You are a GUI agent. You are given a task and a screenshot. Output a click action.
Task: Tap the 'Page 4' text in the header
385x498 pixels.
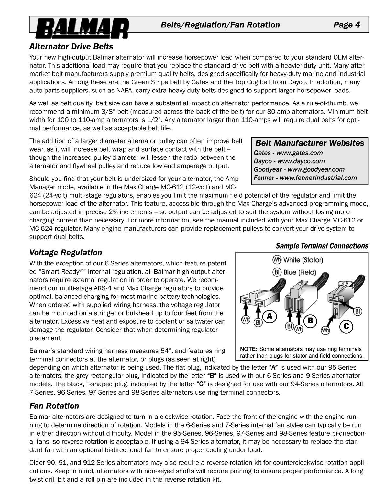pos(347,25)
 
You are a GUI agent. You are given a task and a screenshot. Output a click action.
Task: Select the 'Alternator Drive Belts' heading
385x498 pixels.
pos(71,47)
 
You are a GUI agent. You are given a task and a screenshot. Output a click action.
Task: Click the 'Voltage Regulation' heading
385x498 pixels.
pos(66,252)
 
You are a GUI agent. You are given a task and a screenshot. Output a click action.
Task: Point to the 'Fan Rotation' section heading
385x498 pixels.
pos(54,406)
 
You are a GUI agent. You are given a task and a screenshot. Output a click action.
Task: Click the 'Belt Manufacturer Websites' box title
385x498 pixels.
pos(310,143)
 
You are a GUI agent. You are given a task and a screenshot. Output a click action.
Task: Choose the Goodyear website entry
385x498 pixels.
pos(299,169)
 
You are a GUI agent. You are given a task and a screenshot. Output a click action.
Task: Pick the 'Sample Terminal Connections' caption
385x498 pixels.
pos(322,246)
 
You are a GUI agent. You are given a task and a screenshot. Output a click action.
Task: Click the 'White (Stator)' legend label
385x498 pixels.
pos(303,260)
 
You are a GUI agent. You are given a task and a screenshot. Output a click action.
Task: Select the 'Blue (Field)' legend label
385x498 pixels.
pos(300,272)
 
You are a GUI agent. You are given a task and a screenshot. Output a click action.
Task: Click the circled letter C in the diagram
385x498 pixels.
pos(346,327)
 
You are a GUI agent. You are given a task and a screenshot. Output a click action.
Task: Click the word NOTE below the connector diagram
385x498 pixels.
pos(248,349)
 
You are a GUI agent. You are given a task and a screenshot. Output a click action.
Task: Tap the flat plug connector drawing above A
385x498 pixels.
pos(254,299)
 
